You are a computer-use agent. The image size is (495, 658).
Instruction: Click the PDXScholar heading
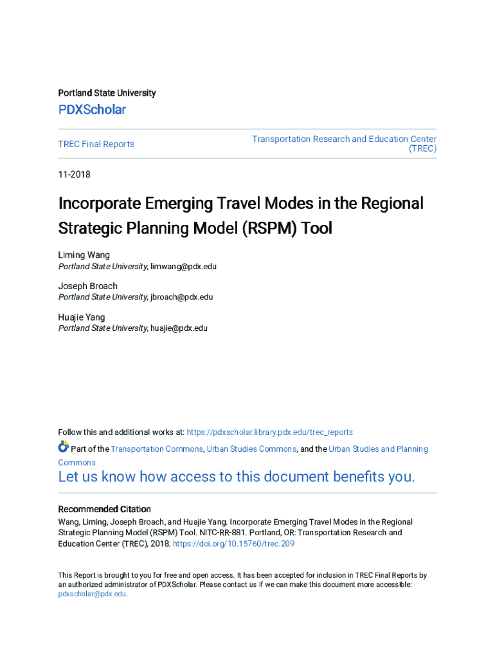(92, 110)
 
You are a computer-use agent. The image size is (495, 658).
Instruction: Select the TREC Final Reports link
(96, 144)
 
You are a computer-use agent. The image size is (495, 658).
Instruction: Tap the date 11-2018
(75, 175)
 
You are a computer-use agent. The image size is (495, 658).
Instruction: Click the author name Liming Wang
(84, 255)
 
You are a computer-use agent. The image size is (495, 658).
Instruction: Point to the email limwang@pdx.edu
(183, 266)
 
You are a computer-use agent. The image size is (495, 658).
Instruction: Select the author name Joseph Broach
(88, 286)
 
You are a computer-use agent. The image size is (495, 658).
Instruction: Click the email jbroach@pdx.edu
(181, 297)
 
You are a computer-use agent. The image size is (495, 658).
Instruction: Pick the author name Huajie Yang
(82, 317)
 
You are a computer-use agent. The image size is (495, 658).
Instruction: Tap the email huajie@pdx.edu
(179, 328)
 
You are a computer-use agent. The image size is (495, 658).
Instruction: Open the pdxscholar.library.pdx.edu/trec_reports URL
(269, 432)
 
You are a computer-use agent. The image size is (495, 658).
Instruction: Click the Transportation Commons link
(157, 449)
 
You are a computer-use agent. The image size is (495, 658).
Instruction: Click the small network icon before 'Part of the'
(63, 447)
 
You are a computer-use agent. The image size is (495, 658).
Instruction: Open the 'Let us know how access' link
(237, 477)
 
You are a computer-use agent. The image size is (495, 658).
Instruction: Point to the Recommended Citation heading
(105, 509)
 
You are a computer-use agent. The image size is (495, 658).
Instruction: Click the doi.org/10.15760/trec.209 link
(233, 544)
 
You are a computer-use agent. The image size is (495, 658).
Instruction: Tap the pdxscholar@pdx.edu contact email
(92, 594)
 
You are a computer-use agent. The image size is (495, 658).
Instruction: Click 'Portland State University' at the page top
(107, 93)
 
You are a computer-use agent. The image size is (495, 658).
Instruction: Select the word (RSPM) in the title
(267, 228)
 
